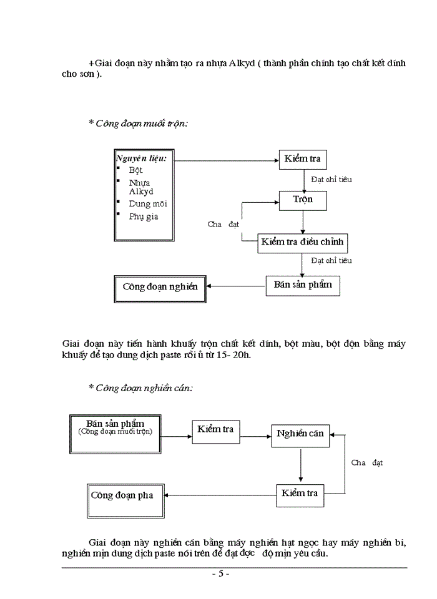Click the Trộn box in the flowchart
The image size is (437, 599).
tap(303, 200)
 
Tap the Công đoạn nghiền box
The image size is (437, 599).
tap(160, 287)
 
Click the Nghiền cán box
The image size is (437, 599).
tap(300, 434)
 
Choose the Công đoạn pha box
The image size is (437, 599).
tap(122, 495)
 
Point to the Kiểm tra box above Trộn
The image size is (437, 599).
tap(302, 159)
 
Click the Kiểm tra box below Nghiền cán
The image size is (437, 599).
tap(300, 494)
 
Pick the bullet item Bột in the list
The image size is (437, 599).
tap(135, 170)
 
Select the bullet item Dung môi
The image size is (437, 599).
tap(148, 203)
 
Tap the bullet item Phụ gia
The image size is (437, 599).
tap(144, 217)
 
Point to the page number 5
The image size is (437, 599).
tap(220, 574)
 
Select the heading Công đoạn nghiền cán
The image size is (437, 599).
tap(140, 387)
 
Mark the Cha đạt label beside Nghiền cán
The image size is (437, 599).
tap(367, 462)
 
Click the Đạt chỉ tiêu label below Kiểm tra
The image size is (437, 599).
tap(331, 179)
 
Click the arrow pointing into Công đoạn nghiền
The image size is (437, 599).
tap(235, 286)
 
